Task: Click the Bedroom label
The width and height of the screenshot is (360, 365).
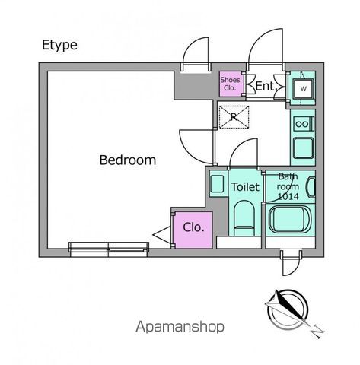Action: pos(128,160)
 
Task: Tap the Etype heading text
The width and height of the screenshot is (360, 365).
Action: pos(59,46)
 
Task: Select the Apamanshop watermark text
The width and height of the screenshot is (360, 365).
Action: pos(180,327)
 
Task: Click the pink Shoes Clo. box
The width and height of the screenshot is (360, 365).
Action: pos(230,84)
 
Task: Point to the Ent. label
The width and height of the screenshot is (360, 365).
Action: pos(266,86)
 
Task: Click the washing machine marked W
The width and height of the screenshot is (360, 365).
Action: pos(303,89)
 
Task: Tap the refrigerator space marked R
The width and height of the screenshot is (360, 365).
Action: pos(234,117)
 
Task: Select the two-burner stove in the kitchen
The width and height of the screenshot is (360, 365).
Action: pos(304,124)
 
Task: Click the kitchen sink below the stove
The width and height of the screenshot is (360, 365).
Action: pos(303,148)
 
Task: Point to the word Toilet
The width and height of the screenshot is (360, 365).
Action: pos(245,187)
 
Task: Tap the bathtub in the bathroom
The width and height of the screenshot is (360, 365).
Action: pos(289,219)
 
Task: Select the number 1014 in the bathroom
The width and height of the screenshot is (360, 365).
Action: pos(288,196)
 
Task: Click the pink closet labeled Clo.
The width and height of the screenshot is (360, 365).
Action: pos(193,230)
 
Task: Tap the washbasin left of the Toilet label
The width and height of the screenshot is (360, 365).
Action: pos(217,184)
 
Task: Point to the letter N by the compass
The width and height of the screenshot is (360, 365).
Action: pos(317,331)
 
